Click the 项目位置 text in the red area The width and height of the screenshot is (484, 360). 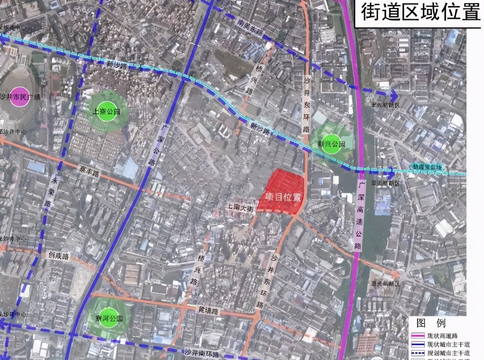pos(282,197)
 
